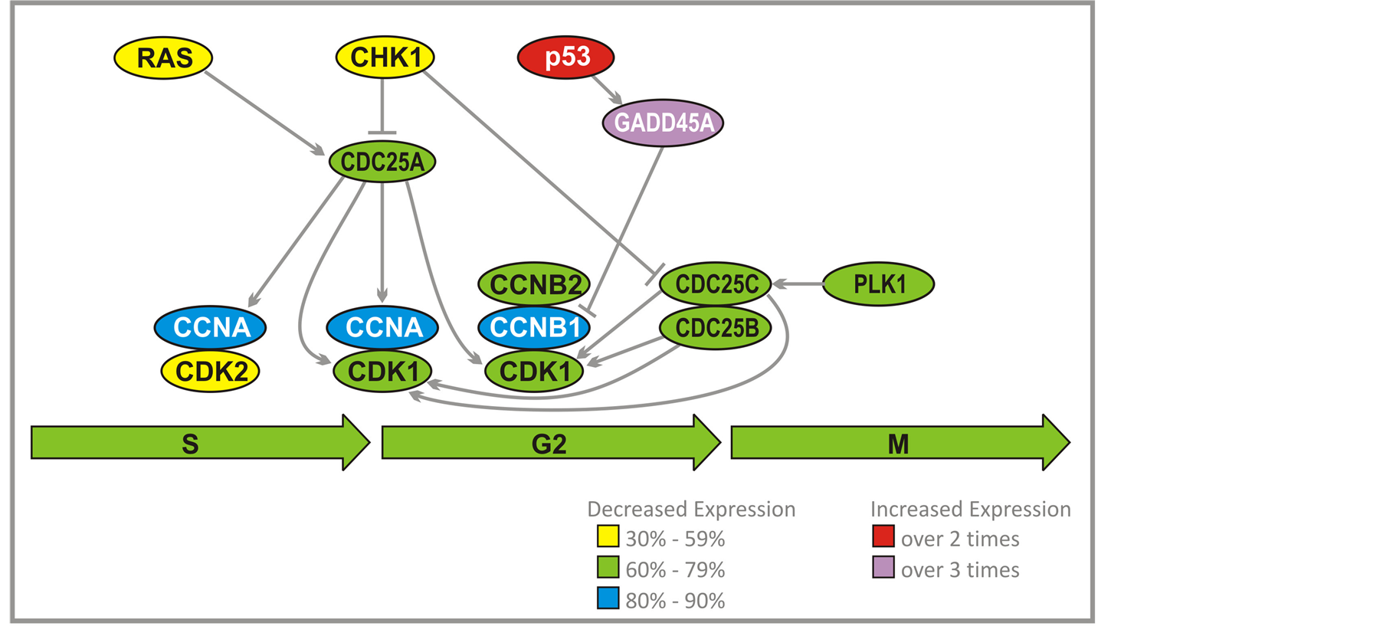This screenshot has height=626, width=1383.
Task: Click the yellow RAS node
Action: coord(164,57)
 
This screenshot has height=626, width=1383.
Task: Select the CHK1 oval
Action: coord(385,57)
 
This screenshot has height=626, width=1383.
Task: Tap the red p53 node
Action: coord(566,57)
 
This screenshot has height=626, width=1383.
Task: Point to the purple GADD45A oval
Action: coord(664,123)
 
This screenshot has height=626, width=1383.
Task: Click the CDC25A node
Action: coord(382,162)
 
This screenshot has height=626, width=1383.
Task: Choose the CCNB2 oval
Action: coord(534,284)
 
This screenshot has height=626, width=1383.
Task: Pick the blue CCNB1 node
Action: coord(534,327)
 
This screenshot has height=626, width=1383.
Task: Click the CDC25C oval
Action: coord(716,284)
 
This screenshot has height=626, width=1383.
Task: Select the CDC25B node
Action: coord(716,328)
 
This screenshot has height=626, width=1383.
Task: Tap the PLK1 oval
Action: coord(879,284)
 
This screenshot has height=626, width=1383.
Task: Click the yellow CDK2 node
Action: coord(211,371)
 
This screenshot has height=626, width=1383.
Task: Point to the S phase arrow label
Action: coord(190,444)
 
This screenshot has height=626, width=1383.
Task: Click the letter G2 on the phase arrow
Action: coord(549,444)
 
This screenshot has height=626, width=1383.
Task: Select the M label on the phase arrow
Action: coord(898,444)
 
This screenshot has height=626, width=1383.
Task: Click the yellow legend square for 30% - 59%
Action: coord(608,536)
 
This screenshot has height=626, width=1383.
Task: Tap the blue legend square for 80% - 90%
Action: coord(608,598)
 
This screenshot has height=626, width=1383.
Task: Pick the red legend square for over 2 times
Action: coord(883,536)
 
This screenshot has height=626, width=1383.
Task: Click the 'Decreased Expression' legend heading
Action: coord(691,510)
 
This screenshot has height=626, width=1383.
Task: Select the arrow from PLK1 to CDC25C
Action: coord(798,284)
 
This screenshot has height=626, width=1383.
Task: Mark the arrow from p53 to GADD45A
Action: coord(606,89)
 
